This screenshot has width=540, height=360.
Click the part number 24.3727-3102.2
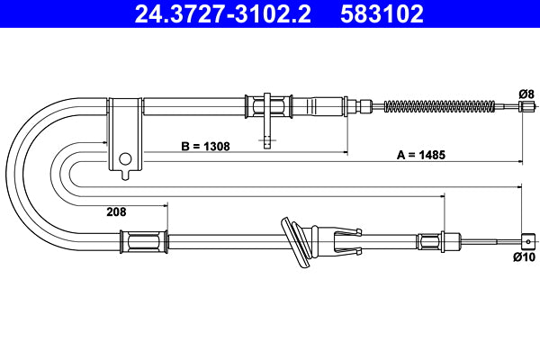click(225, 15)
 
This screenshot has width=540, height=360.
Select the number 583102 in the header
click(382, 15)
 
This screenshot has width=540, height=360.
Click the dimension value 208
click(115, 213)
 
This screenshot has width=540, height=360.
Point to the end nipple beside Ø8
click(525, 106)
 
